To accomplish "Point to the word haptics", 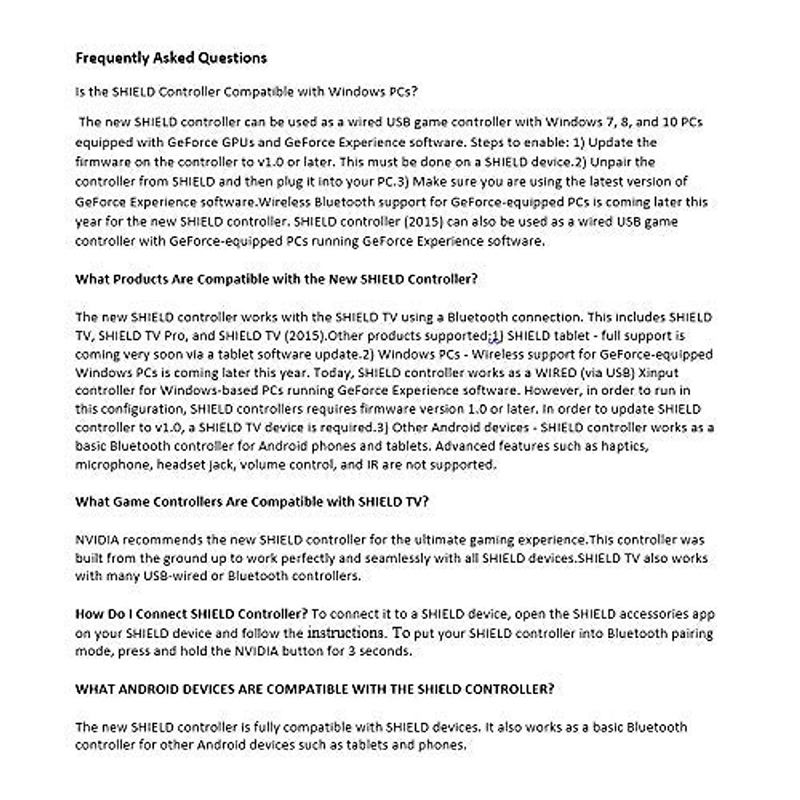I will coord(625,446).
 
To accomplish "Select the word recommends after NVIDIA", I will coord(163,539).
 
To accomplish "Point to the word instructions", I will coord(345,632).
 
